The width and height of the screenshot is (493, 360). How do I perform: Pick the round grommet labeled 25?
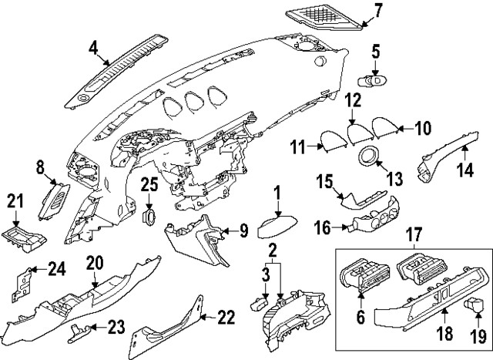[149, 214]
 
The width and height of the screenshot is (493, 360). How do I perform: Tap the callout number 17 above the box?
[414, 232]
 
